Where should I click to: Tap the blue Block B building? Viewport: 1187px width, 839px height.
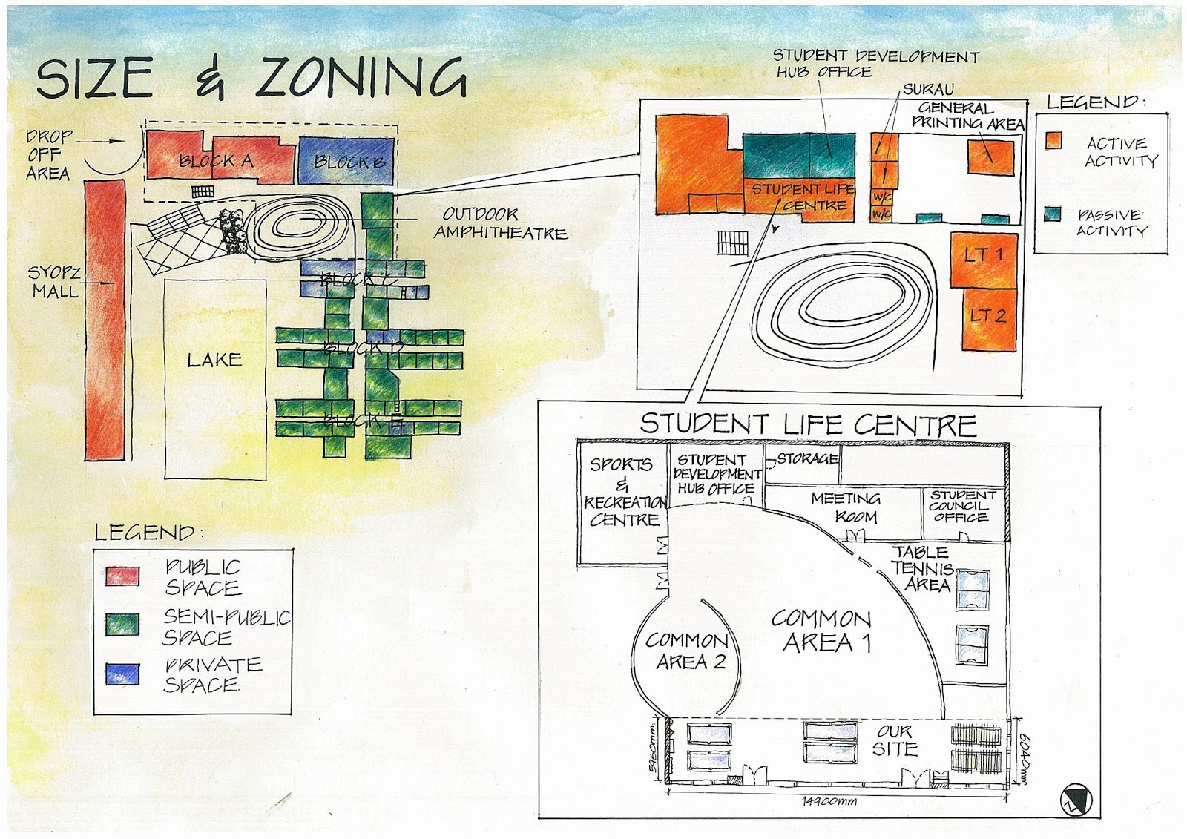point(346,159)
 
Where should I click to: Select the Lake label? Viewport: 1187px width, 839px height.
point(214,360)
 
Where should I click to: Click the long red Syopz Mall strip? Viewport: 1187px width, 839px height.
point(105,319)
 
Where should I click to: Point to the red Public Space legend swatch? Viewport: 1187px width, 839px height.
point(122,576)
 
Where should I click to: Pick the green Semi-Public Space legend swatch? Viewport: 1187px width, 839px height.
point(122,624)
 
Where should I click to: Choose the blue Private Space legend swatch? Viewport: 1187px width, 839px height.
point(122,674)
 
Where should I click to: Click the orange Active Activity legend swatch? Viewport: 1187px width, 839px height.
point(1053,141)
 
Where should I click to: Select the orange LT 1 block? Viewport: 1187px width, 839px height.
point(983,258)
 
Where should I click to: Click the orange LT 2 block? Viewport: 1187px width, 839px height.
point(989,317)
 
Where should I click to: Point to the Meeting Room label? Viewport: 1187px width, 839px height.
point(846,507)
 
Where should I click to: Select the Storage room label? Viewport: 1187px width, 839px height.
point(807,458)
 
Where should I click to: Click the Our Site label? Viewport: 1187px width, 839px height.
point(895,740)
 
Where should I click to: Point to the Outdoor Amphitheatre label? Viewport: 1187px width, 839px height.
point(500,223)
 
